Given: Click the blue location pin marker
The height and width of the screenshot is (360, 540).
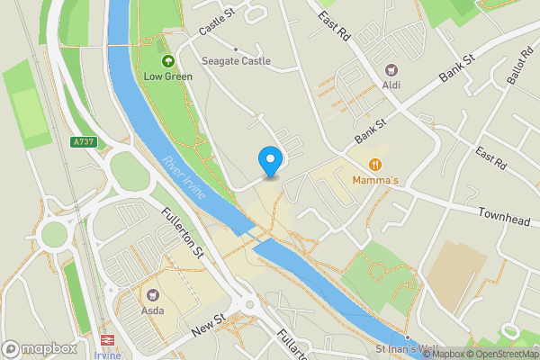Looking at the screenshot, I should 269,161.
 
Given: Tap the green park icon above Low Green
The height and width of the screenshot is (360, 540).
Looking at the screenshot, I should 168,61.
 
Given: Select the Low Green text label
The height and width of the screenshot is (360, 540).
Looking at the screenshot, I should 168,76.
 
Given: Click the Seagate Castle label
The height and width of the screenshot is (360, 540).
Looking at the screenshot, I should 237,61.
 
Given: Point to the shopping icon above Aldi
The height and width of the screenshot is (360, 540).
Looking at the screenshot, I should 391,69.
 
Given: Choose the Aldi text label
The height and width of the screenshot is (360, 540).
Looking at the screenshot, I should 391,85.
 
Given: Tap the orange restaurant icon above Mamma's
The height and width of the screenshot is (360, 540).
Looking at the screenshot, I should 376,165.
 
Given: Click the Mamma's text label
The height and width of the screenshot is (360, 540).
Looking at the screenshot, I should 376,181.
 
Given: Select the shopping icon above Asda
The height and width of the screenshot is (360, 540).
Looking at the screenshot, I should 153,294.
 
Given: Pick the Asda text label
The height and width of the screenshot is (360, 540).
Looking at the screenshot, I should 153,310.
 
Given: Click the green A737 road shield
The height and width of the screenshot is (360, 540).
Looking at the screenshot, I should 84,142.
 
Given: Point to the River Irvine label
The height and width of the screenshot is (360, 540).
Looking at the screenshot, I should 184,179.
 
